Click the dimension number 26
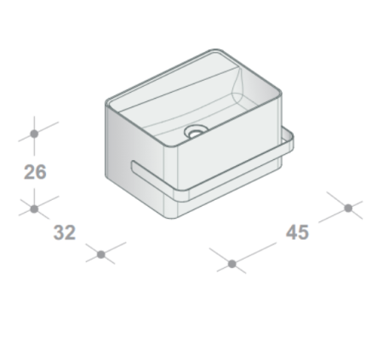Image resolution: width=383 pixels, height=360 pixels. (35, 172)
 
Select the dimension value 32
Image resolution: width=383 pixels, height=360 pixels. (65, 232)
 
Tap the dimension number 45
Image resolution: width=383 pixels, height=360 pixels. (297, 232)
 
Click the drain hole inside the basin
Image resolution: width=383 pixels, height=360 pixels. (195, 132)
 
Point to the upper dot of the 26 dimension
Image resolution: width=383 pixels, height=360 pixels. (34, 134)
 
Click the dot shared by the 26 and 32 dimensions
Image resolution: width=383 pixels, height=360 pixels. (34, 209)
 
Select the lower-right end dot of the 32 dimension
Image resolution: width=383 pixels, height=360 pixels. (100, 254)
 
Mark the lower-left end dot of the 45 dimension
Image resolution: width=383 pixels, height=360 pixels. (232, 264)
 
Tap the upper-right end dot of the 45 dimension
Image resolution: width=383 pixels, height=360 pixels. (348, 209)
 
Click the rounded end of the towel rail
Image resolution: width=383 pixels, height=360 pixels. (134, 166)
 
